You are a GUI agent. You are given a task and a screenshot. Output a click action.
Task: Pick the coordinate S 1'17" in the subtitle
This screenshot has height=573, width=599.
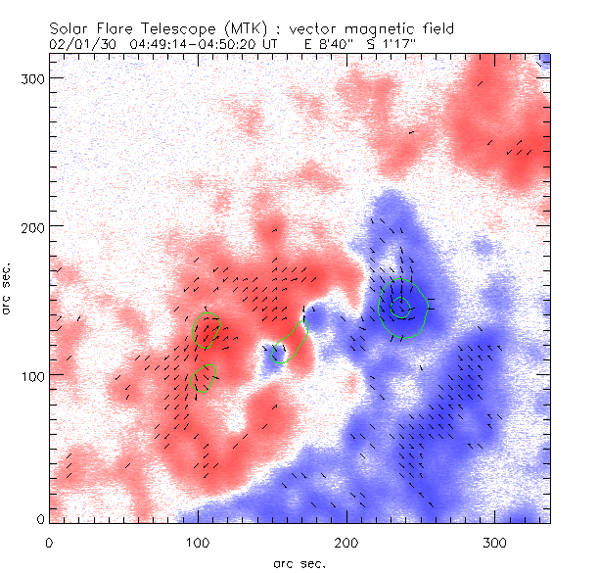[390, 44]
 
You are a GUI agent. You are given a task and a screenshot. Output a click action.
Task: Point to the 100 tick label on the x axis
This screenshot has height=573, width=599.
[199, 542]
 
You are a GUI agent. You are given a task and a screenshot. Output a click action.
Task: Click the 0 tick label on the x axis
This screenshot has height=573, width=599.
[49, 542]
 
